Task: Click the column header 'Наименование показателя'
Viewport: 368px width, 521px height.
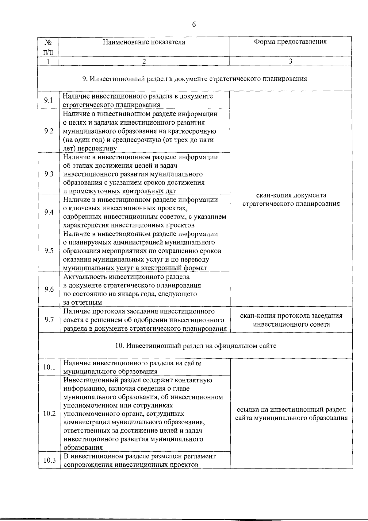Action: coord(144,42)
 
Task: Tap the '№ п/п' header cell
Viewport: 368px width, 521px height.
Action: coord(48,47)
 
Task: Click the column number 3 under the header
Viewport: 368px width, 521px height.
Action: coord(290,61)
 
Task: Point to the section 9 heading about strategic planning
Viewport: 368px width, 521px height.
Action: coord(195,79)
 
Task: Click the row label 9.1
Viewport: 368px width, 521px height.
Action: coord(48,100)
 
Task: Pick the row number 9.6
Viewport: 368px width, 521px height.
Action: coord(49,290)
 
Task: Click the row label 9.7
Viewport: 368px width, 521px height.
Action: coord(49,320)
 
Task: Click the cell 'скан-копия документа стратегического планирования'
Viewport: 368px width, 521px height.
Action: coord(291,200)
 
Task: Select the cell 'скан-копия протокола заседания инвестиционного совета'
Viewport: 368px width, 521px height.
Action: coord(291,320)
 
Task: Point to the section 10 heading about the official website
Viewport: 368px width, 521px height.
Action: coord(196,346)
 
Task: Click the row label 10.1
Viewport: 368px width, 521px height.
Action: coord(49,367)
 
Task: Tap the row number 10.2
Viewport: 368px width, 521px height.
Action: coord(49,414)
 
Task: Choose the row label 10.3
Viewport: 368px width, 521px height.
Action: coord(49,460)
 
